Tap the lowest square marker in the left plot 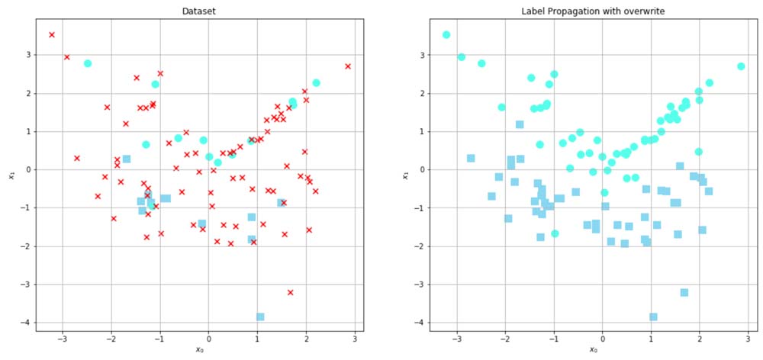coord(260,317)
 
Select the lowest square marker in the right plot coord(653,317)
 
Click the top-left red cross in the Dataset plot coord(52,34)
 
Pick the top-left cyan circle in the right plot coord(446,34)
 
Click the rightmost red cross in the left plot coord(348,66)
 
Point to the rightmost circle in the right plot coord(741,66)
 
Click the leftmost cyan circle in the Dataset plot coord(88,63)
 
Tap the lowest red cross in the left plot coord(290,292)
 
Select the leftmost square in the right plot coord(471,158)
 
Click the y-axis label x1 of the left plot coord(11,175)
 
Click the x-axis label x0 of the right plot coord(593,350)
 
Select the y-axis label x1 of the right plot coord(405,175)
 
